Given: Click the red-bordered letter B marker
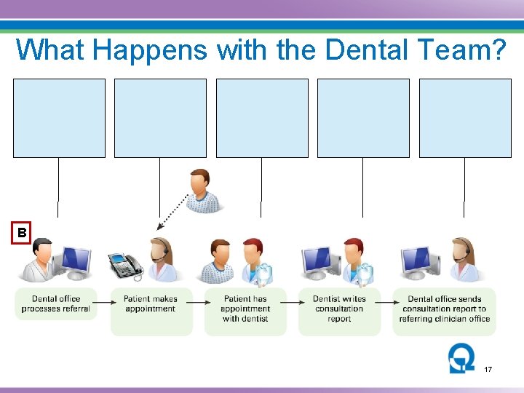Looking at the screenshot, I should (22, 233).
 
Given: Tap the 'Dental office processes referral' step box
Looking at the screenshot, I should (56, 304).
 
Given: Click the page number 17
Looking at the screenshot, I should (488, 370).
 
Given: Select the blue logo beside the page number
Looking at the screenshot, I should (461, 359).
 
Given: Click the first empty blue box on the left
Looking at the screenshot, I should (59, 118).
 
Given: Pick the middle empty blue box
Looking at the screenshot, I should (262, 118).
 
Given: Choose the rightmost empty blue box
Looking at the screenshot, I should (465, 118).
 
